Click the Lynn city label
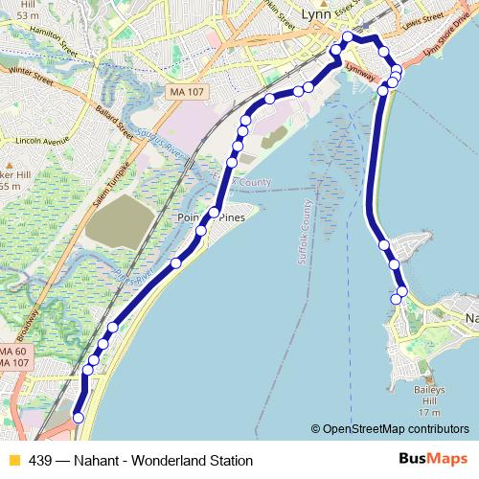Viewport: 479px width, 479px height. (x=315, y=14)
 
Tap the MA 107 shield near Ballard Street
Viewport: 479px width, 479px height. (x=186, y=91)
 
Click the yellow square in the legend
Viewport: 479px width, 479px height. (x=13, y=460)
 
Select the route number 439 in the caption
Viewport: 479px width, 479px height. (x=40, y=460)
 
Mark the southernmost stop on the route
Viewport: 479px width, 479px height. (x=79, y=418)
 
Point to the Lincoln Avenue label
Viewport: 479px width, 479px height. (x=42, y=140)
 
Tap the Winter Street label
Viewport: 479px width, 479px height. (x=29, y=74)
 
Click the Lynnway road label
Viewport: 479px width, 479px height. (x=359, y=71)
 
